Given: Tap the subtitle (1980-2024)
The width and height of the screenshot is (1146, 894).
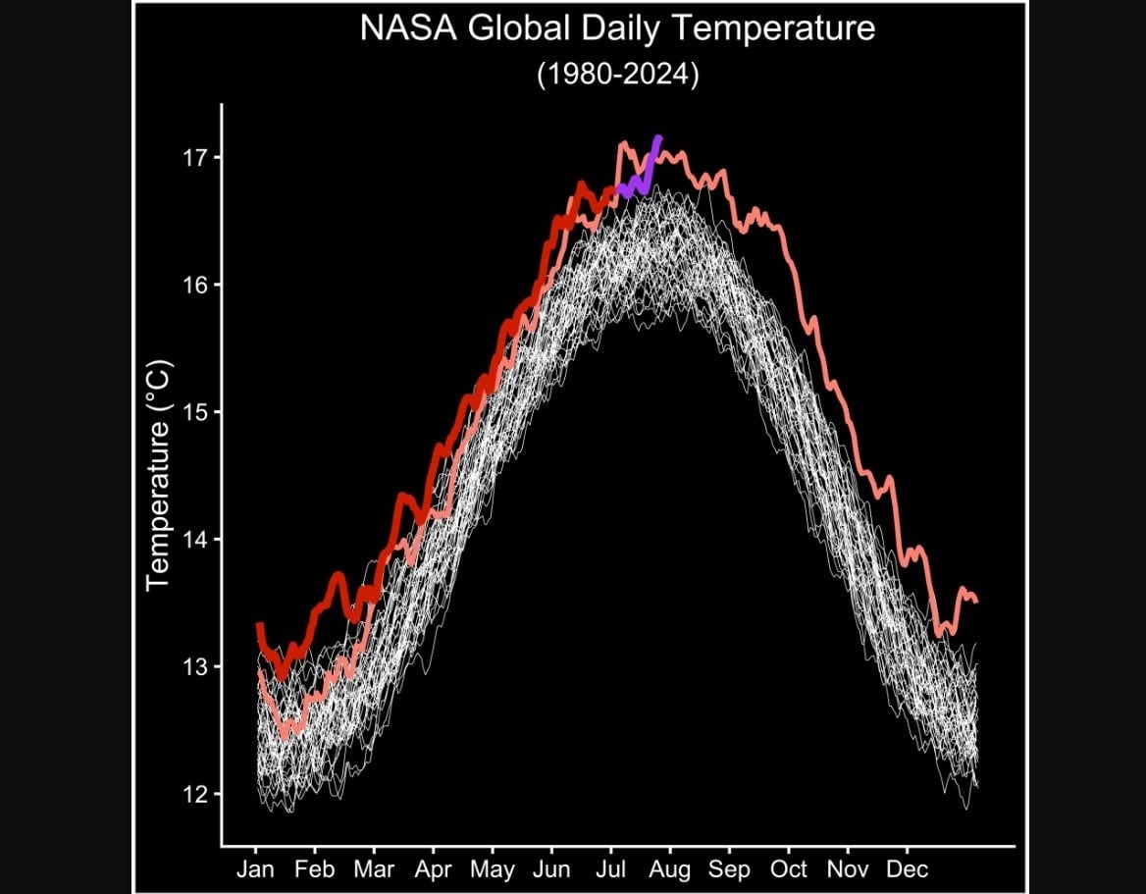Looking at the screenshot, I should coord(617,76).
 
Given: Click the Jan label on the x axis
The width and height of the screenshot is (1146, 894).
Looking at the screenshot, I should coord(255,869).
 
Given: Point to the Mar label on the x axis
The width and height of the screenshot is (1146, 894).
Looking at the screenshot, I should coord(374,869).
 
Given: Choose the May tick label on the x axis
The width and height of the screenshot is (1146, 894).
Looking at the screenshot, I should coord(492,869).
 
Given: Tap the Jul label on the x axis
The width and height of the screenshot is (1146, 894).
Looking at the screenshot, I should coord(611,869).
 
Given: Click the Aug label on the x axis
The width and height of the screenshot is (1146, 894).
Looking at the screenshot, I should coord(670,869).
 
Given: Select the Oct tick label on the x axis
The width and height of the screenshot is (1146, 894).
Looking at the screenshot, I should coord(788,869).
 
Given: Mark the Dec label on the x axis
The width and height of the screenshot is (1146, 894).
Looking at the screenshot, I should coord(907,869).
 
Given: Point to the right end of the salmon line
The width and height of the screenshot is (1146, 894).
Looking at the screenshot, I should coord(975,601).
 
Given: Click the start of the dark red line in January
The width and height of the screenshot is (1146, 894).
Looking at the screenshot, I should coord(259,625).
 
